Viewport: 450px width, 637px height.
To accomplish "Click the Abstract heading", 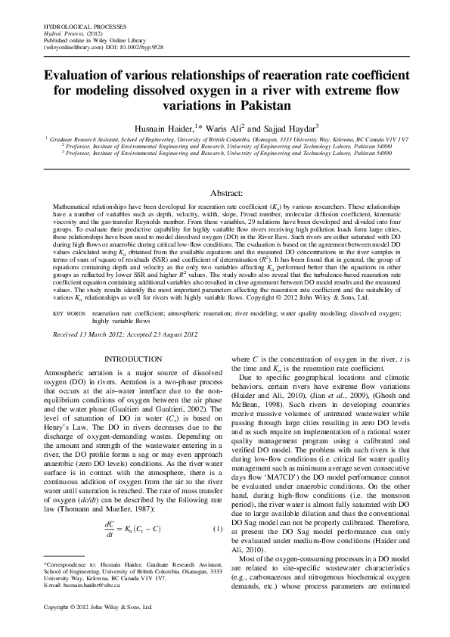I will (x=225, y=194).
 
